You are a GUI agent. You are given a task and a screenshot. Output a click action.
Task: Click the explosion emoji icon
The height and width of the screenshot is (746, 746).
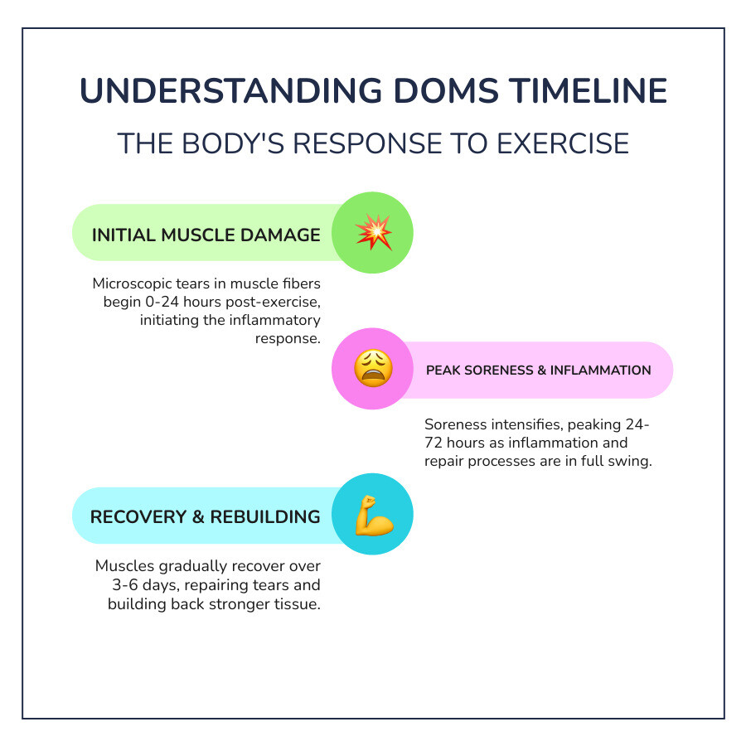(372, 233)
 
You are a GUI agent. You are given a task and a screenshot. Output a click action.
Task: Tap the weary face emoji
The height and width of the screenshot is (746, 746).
(372, 369)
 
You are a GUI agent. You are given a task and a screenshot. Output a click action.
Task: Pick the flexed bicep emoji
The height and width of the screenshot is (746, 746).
(372, 516)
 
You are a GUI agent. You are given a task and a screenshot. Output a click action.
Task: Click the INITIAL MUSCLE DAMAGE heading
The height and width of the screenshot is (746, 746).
(206, 235)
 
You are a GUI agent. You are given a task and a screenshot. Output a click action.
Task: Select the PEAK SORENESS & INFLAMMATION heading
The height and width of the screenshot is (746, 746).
(538, 370)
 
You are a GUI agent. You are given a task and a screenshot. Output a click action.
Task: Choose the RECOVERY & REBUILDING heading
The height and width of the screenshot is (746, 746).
(205, 516)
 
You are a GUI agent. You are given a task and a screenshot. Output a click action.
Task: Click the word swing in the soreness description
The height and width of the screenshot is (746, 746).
(632, 462)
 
